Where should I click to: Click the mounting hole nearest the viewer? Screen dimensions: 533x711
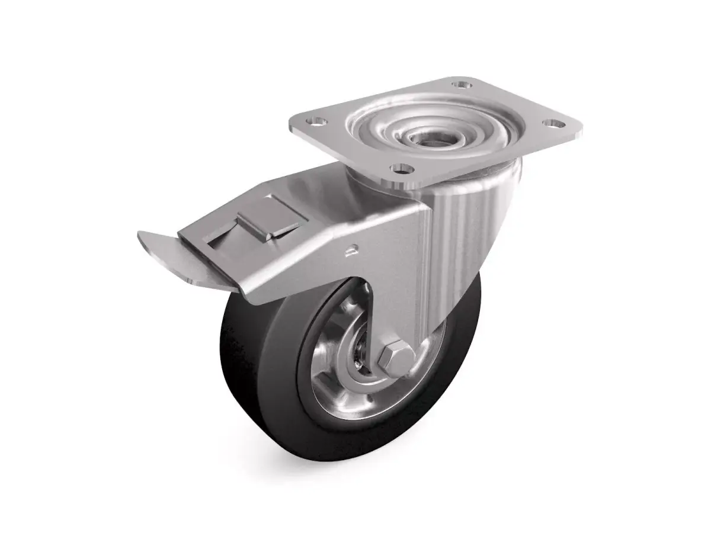pos(402,169)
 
